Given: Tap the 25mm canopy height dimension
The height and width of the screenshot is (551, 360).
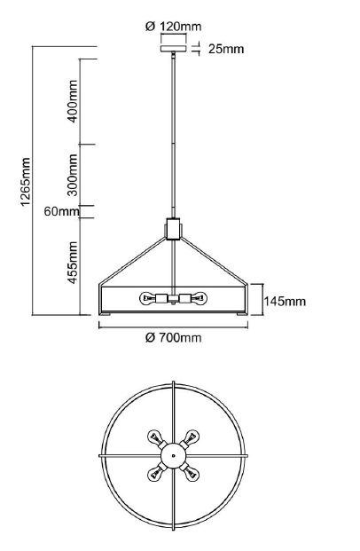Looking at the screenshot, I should tap(226, 49).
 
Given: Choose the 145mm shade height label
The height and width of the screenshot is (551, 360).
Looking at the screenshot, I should tap(285, 301).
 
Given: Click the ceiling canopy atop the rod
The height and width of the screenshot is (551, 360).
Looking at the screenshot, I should tap(173, 49).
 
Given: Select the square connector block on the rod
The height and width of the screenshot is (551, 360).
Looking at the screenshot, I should tap(173, 228).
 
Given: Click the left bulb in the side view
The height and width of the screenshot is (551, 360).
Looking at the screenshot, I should tap(149, 298).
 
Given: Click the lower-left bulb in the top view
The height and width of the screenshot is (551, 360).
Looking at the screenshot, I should tap(154, 473).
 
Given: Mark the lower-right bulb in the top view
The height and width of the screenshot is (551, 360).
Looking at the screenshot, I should tap(192, 473).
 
